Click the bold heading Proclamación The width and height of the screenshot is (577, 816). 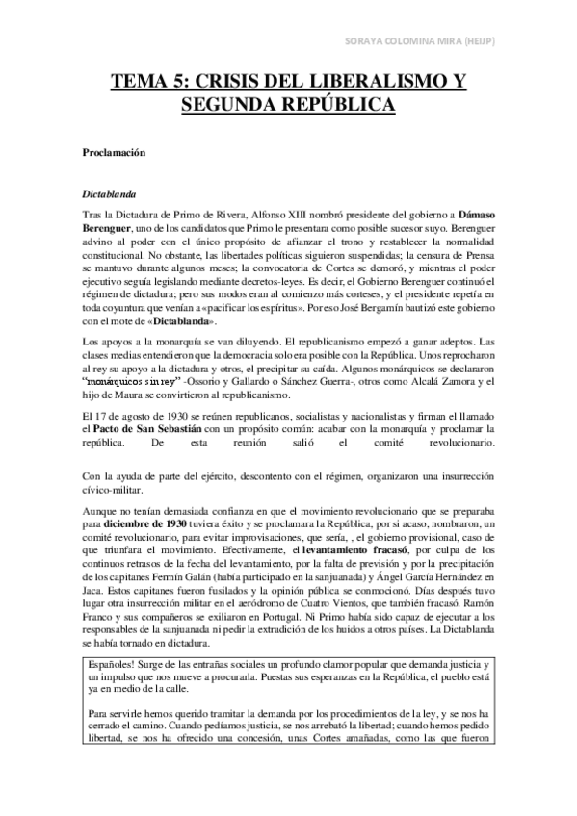pos(112,153)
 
